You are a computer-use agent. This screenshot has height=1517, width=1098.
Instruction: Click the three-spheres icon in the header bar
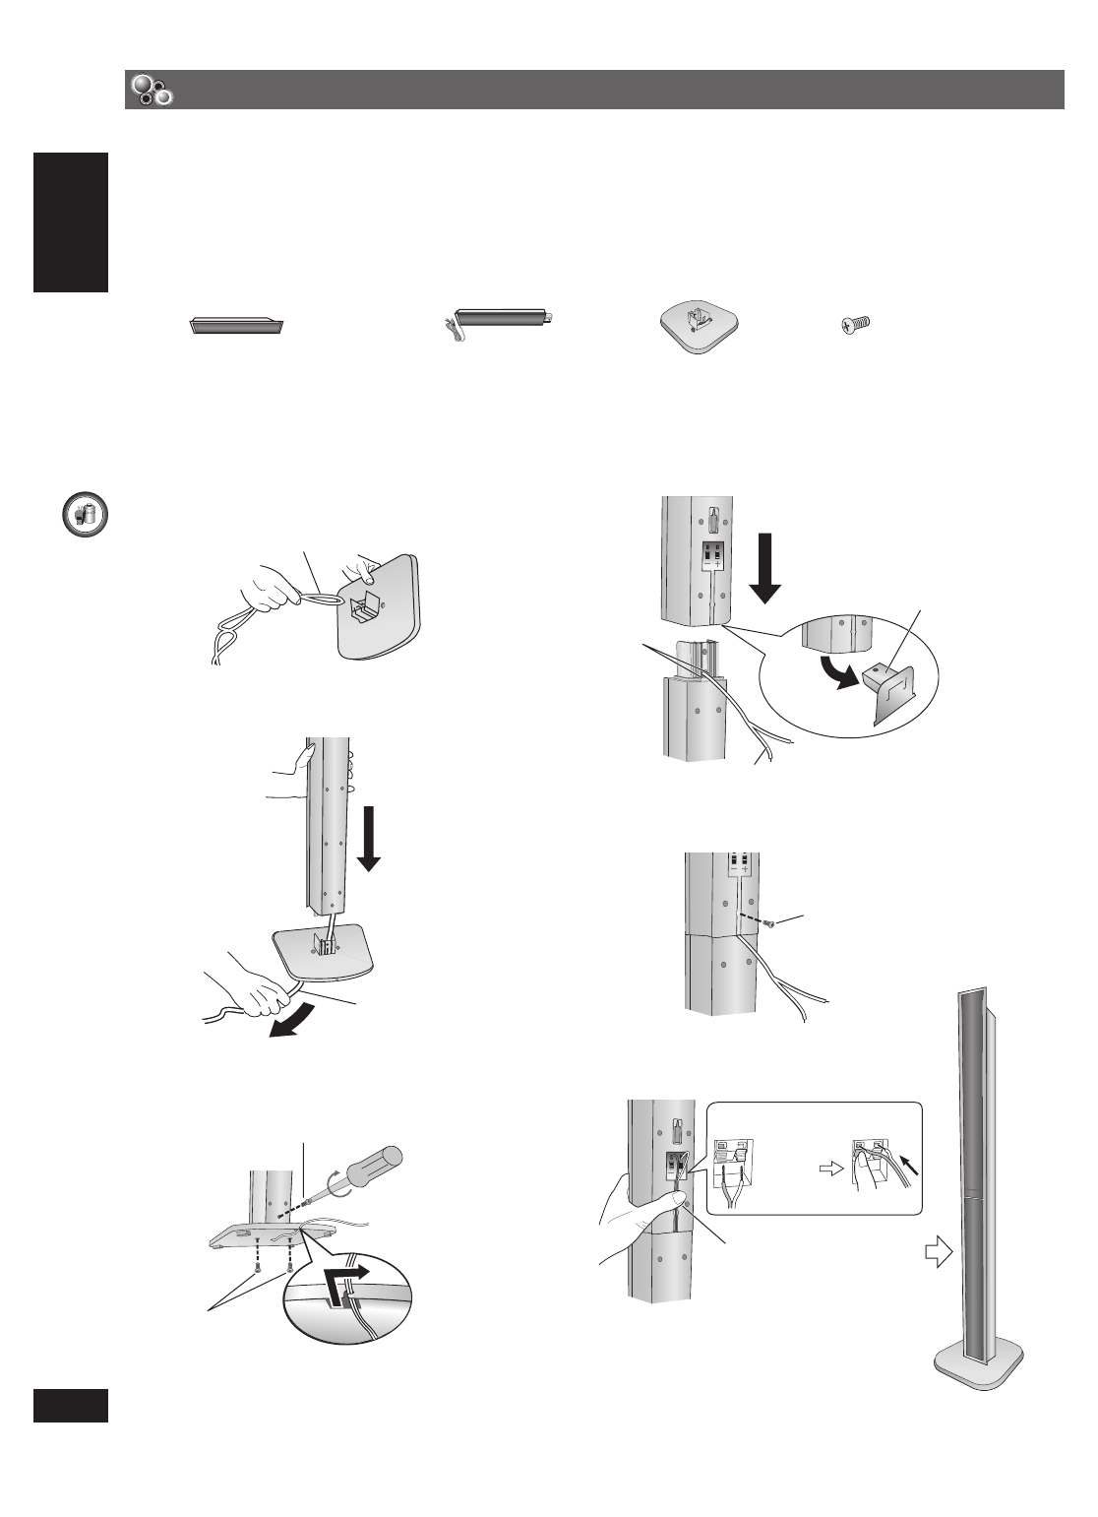click(151, 90)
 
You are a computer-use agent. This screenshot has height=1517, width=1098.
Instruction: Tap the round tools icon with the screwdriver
click(85, 515)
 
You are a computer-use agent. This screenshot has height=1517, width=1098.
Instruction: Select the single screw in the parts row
click(857, 324)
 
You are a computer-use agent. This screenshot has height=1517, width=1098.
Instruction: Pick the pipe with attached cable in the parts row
click(501, 319)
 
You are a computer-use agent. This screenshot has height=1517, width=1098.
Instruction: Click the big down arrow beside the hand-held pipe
click(369, 837)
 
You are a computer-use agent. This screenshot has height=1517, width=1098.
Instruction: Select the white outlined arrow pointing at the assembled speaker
click(939, 1255)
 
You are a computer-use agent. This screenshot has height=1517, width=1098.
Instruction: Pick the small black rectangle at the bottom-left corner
click(70, 1404)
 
